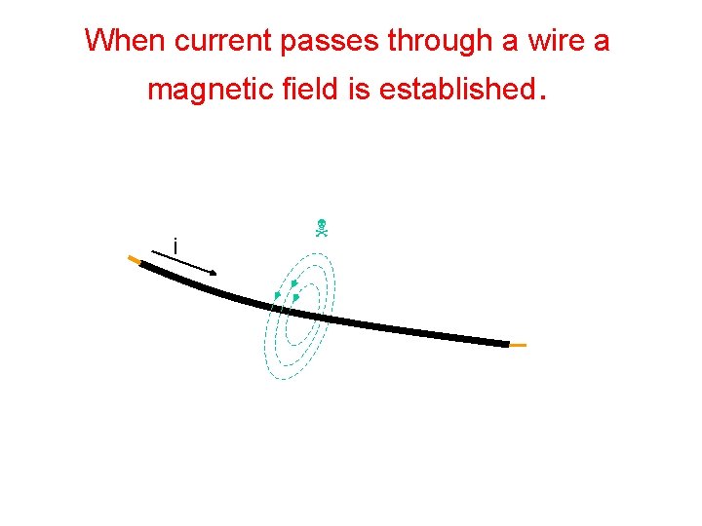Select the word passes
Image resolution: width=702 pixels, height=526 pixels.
point(331,42)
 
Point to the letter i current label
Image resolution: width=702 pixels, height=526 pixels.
point(175,246)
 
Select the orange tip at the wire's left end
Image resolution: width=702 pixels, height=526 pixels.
point(134,259)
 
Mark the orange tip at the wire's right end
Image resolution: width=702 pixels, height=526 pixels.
point(518,345)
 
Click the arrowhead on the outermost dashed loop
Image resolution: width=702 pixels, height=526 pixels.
point(278,295)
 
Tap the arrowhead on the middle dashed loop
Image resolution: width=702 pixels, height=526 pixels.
point(293,283)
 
